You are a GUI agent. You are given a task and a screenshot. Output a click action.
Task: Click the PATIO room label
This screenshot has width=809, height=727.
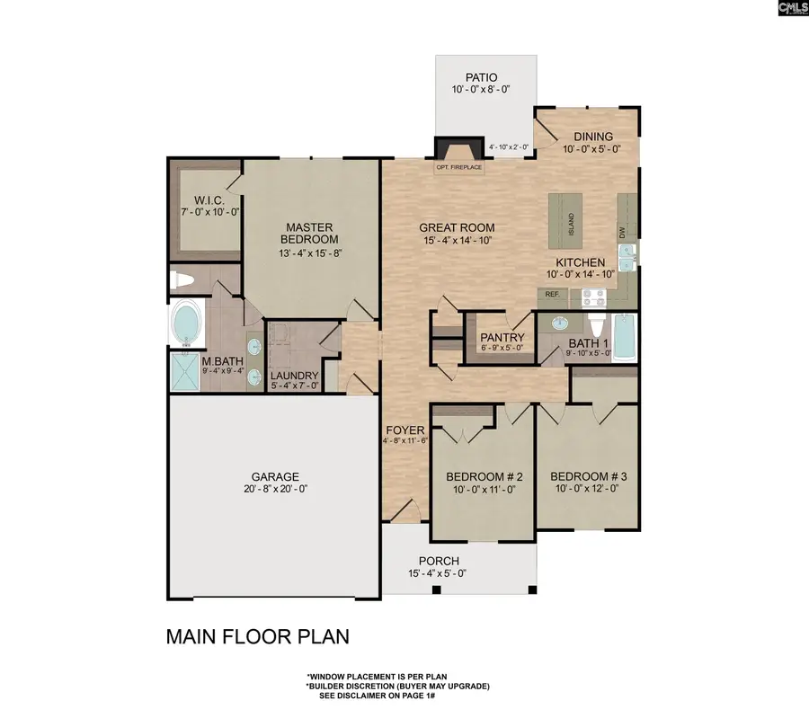[x=482, y=77]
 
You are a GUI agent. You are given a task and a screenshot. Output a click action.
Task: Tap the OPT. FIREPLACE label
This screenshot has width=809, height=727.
[x=459, y=167]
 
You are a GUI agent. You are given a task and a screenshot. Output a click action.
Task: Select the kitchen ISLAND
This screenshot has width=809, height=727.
[x=565, y=220]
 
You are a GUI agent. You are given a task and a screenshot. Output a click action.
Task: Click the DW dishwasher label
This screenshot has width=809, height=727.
[x=622, y=234]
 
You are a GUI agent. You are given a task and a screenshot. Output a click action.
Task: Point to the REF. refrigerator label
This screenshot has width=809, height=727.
[x=553, y=294]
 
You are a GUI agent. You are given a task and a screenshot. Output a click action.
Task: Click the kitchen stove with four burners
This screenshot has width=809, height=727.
[x=594, y=297]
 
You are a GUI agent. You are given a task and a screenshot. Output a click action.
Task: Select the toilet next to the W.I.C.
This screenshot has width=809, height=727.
[x=182, y=280]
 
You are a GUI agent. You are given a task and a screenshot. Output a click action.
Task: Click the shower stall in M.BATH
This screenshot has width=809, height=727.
[x=184, y=370]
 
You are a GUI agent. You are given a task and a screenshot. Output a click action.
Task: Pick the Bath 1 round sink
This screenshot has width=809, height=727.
[x=559, y=324]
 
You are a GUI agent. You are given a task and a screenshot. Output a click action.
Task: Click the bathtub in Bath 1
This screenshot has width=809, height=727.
[x=625, y=338]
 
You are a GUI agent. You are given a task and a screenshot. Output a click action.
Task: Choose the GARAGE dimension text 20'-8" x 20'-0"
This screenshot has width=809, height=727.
[x=276, y=489]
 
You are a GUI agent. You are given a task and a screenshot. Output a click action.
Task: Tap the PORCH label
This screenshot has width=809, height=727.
[x=439, y=561]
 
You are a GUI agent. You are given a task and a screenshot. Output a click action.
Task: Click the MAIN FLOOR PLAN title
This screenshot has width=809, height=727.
[x=257, y=637]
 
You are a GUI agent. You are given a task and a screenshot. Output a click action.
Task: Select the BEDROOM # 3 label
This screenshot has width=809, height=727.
[x=588, y=476]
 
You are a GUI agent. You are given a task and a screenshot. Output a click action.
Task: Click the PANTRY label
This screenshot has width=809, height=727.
[x=502, y=338]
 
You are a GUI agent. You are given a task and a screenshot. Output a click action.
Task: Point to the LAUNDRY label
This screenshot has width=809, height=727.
[x=294, y=376]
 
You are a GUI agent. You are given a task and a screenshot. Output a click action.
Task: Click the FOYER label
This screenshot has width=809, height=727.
[x=405, y=430]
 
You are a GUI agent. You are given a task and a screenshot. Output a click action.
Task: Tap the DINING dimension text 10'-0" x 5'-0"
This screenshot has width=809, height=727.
[x=591, y=149]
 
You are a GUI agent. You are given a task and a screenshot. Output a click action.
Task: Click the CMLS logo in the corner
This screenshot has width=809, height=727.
[x=793, y=8]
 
